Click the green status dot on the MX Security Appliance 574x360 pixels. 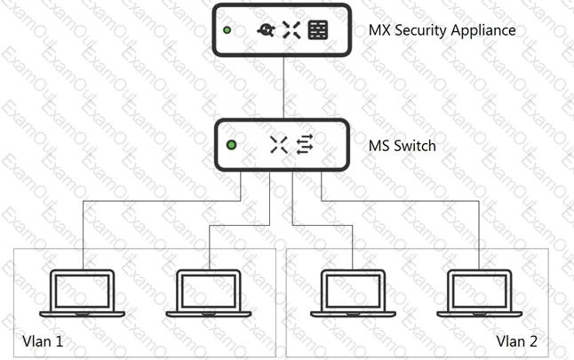pyautogui.click(x=227, y=30)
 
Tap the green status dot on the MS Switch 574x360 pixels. pyautogui.click(x=231, y=145)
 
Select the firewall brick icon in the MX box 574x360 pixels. pyautogui.click(x=318, y=30)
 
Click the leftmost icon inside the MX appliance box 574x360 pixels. pyautogui.click(x=267, y=30)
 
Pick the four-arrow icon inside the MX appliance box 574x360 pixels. pyautogui.click(x=291, y=30)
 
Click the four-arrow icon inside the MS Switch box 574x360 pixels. pyautogui.click(x=279, y=145)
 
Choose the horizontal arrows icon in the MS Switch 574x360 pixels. pyautogui.click(x=305, y=145)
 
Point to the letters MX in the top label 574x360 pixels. pyautogui.click(x=379, y=30)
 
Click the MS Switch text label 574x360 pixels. pyautogui.click(x=403, y=146)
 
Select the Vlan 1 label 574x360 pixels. pyautogui.click(x=43, y=341)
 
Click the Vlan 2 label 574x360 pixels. pyautogui.click(x=517, y=341)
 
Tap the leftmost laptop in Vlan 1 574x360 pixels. pyautogui.click(x=83, y=293)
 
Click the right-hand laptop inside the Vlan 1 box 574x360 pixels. pyautogui.click(x=209, y=293)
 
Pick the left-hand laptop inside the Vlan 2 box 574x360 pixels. pyautogui.click(x=354, y=293)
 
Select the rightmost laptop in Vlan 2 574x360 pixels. pyautogui.click(x=480, y=293)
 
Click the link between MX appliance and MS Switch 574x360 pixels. pyautogui.click(x=283, y=87)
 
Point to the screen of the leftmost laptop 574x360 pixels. pyautogui.click(x=83, y=292)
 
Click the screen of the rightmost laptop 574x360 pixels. pyautogui.click(x=480, y=292)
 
